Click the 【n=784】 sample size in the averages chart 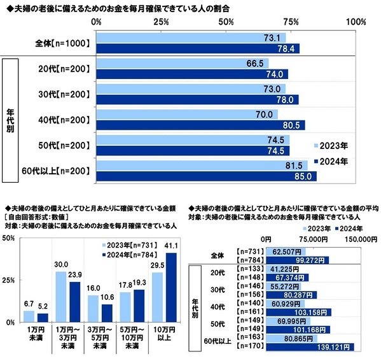tap(249, 260)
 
